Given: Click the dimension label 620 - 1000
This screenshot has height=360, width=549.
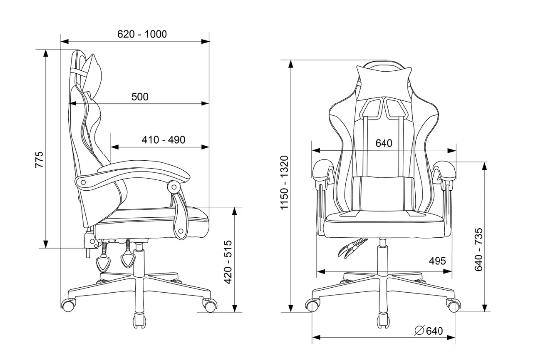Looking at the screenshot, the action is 142,34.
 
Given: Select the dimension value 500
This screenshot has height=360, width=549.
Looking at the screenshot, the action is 140,96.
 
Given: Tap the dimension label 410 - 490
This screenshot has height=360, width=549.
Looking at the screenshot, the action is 164,140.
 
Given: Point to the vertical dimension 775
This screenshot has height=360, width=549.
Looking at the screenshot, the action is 39,159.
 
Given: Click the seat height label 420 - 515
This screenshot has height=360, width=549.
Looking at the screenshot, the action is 228,261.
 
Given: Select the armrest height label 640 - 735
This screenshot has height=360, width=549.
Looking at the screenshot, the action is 479,250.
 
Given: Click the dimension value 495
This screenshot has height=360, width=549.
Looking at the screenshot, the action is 438,261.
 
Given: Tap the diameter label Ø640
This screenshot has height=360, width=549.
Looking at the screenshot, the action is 429,331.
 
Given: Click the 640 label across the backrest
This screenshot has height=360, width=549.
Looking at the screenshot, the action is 384,143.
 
